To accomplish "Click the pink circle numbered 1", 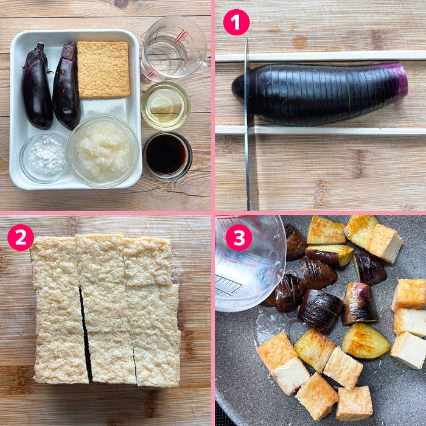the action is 236,23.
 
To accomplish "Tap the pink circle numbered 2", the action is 21,237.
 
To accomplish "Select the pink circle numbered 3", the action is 239,237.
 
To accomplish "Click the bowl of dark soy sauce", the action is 167,156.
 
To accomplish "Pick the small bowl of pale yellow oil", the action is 166,106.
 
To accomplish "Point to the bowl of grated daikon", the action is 103,151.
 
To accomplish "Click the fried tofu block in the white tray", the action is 103,69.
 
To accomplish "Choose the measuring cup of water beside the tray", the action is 174,48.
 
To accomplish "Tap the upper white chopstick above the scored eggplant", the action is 321,56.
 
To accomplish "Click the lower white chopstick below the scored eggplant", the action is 321,130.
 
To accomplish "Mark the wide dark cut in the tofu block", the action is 85,333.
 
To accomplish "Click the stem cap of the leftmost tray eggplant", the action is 37,56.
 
